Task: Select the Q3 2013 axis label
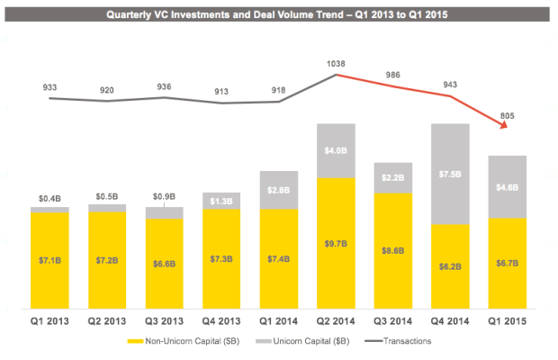coord(164,319)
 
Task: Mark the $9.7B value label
coord(336,243)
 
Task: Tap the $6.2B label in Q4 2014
coord(451,266)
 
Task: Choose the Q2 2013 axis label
coord(106,319)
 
